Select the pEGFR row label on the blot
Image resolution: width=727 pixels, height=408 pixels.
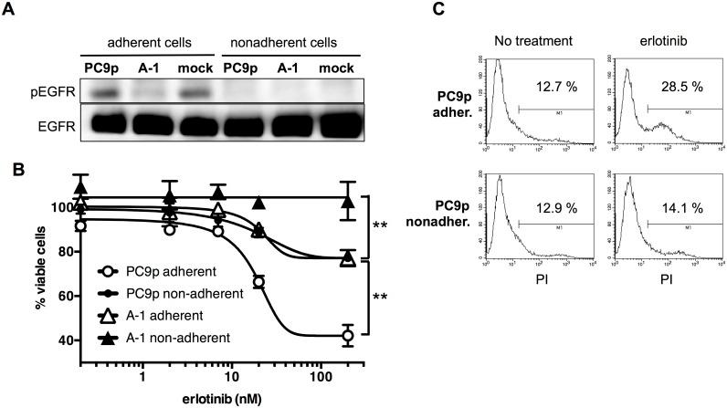(42, 93)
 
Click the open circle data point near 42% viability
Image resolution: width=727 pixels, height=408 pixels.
(321, 336)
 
